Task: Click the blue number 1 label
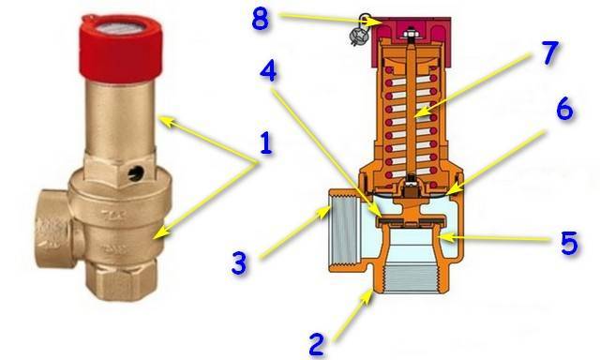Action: (266, 143)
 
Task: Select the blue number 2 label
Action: (317, 345)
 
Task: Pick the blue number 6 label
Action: (564, 108)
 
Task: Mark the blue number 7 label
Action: (549, 52)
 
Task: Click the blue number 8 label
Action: (260, 19)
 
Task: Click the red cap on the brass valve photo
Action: (121, 46)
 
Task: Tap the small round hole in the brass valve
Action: (135, 172)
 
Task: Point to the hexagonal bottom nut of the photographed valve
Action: (121, 279)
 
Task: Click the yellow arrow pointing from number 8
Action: (329, 19)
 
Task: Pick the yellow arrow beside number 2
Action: (353, 315)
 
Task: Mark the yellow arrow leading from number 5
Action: (494, 239)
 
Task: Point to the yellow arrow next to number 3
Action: (293, 232)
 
